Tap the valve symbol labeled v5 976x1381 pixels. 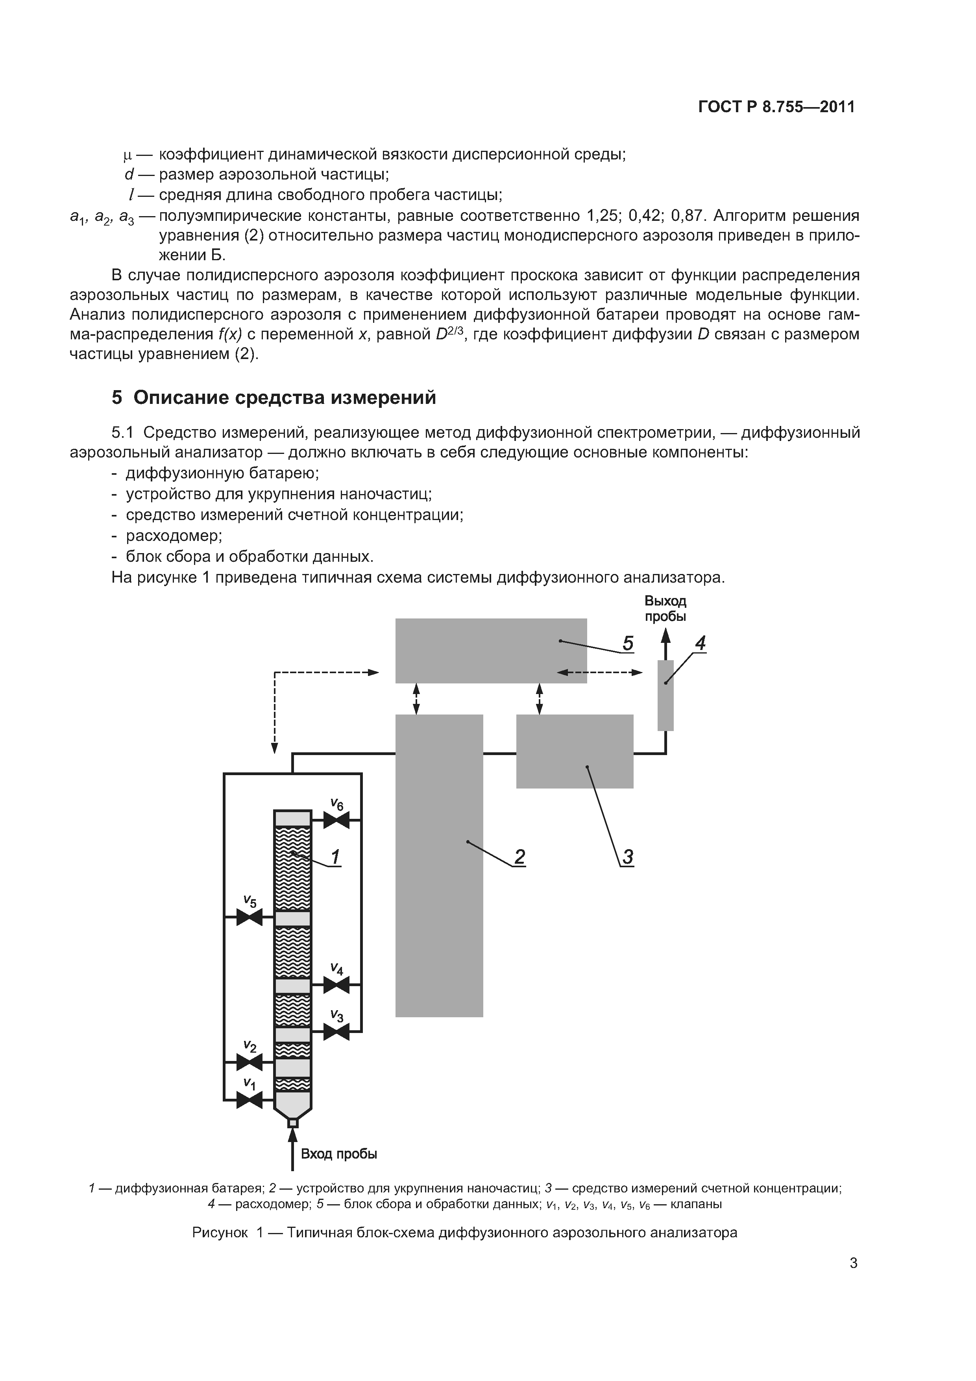(x=249, y=917)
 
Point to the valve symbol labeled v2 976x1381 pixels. (x=249, y=1062)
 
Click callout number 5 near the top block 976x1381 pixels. (x=627, y=644)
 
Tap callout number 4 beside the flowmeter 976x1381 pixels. (x=699, y=644)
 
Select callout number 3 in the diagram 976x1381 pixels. (x=627, y=857)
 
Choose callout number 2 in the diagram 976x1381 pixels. (x=519, y=857)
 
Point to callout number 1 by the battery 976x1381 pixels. (x=335, y=857)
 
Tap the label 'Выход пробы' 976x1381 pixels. (x=665, y=609)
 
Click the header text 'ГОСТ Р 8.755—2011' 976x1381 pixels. (x=776, y=107)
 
